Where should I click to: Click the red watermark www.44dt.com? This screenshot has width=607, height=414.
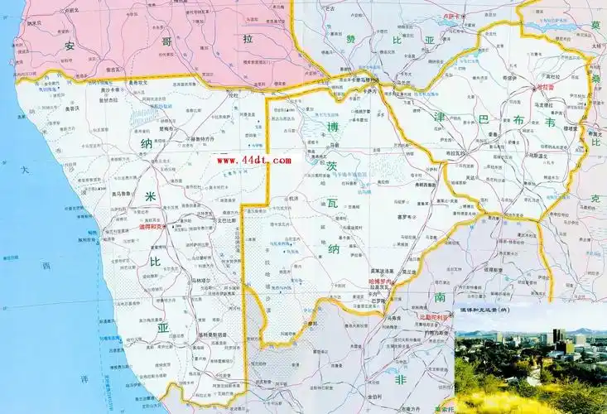point(253,160)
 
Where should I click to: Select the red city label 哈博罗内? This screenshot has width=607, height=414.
point(382,282)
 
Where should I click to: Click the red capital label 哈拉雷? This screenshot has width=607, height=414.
point(547,86)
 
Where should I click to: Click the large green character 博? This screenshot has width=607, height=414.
point(333,128)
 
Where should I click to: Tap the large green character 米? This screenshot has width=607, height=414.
point(152,195)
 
